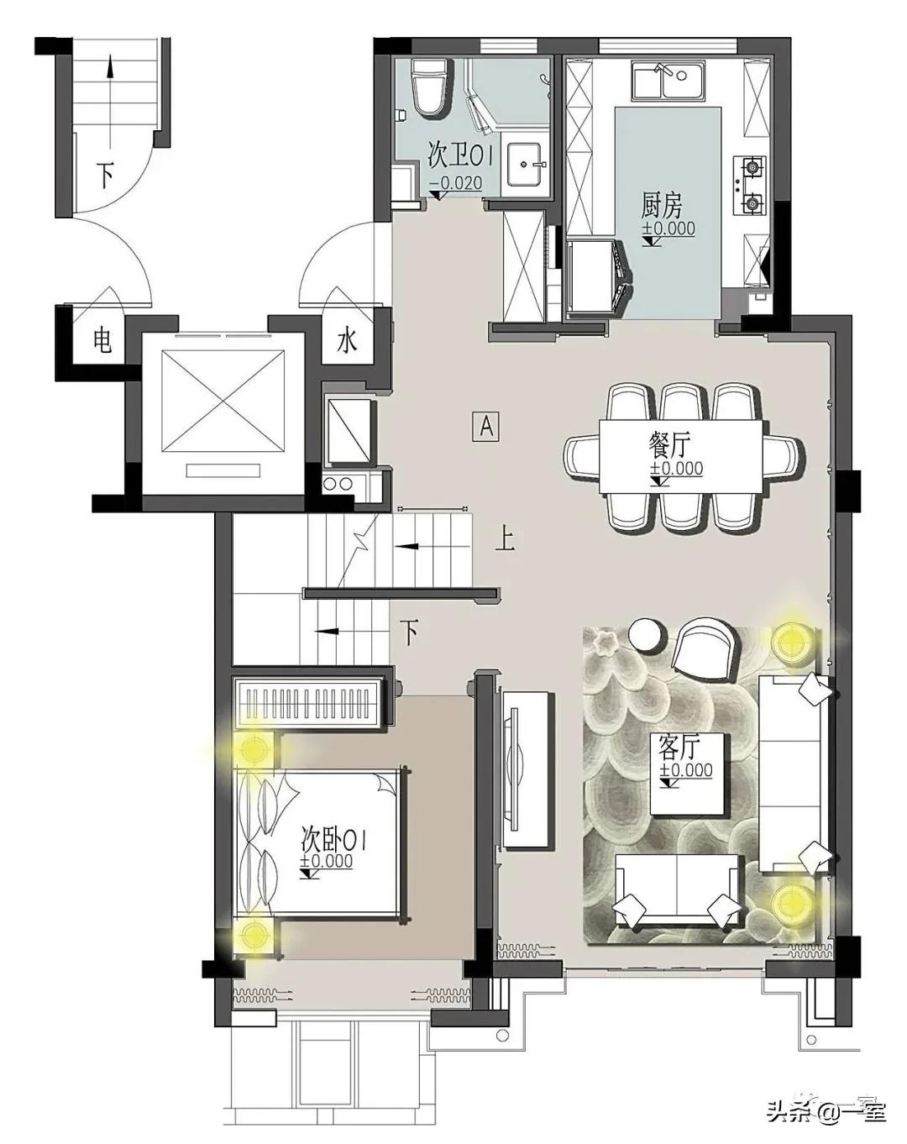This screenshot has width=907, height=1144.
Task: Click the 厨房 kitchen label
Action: (661, 205)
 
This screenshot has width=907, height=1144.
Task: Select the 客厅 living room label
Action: (677, 749)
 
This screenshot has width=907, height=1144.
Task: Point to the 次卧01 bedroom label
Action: (333, 841)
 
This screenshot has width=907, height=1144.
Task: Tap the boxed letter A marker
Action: (486, 426)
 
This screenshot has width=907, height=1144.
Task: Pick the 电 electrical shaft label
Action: (102, 341)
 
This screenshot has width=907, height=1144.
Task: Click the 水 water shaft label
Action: (347, 341)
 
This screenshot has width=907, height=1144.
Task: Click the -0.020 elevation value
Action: (456, 183)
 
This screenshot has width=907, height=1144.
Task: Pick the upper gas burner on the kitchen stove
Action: (752, 167)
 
